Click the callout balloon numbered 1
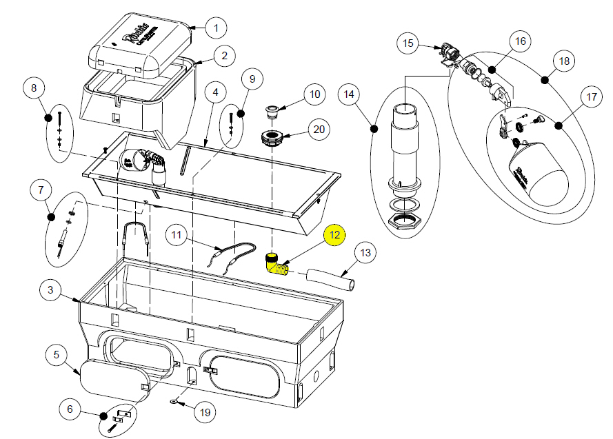[216, 28]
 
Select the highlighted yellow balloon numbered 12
[334, 235]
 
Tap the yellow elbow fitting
[276, 263]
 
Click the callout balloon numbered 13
[365, 253]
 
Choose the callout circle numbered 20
[319, 129]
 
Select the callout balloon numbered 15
[408, 44]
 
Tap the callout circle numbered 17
[591, 97]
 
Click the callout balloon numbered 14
[349, 93]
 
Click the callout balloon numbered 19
[203, 413]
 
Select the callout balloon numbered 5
[57, 356]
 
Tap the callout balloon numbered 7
[41, 188]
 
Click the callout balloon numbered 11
[177, 236]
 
